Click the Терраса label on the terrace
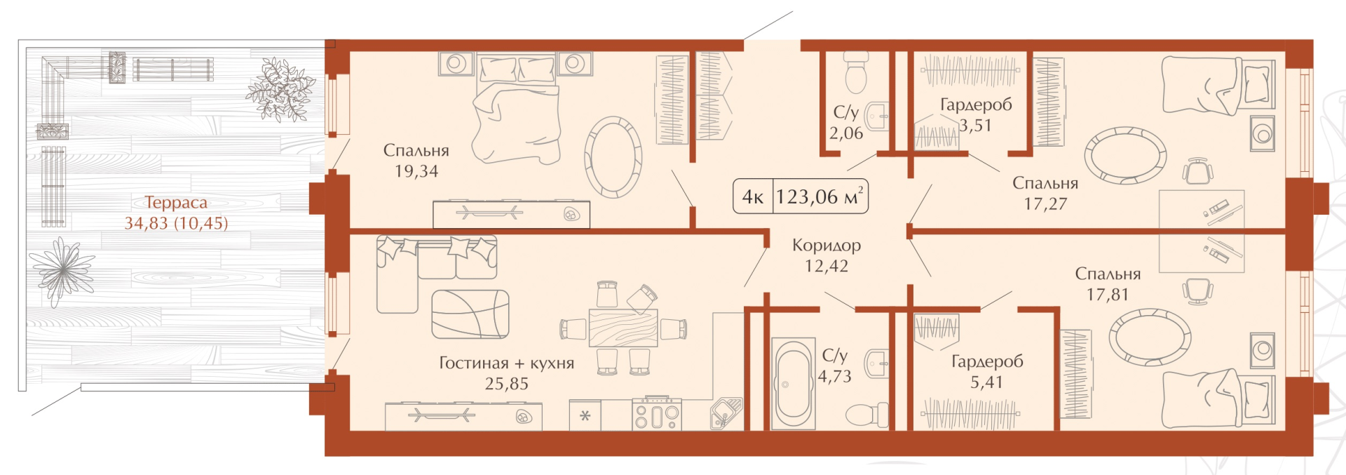click(176, 203)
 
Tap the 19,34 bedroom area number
click(416, 171)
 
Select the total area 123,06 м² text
click(820, 196)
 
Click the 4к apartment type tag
click(753, 197)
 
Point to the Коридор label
click(827, 246)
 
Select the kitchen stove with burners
click(656, 413)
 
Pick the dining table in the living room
click(623, 328)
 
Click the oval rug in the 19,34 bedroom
click(613, 157)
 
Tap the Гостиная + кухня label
click(507, 363)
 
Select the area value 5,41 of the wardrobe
click(986, 382)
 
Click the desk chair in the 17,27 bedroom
click(1197, 170)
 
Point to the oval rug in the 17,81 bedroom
click(1150, 337)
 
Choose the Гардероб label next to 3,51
click(976, 105)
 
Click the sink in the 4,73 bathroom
click(877, 363)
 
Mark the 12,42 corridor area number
click(827, 267)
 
